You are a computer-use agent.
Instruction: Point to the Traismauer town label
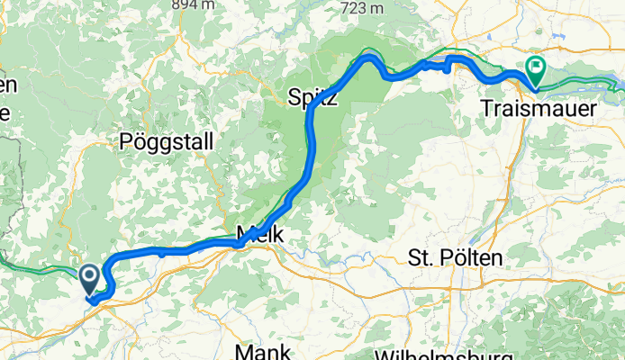tap(539, 108)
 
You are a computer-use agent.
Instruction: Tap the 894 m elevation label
tap(197, 4)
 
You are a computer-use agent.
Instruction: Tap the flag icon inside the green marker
tap(537, 66)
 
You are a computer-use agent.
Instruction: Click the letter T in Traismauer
tap(487, 108)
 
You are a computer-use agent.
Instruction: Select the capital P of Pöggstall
tap(125, 141)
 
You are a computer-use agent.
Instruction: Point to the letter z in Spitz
tap(332, 97)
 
